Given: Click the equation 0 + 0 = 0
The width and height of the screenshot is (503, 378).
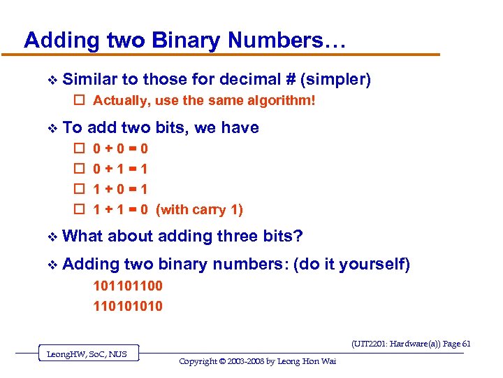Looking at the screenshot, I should click(x=120, y=148).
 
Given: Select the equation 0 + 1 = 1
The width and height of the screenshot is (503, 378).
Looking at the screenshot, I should click(x=120, y=169).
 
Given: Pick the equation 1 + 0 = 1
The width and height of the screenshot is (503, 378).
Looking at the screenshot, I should click(x=120, y=189).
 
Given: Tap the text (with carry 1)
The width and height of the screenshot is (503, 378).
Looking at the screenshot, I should click(x=199, y=209).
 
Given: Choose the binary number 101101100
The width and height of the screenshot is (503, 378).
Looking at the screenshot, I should click(x=128, y=286).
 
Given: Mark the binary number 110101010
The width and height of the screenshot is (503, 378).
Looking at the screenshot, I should click(x=128, y=306).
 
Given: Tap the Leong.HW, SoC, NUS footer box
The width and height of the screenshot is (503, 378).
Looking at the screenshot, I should click(x=87, y=354).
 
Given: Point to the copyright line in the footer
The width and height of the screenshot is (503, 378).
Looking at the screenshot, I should click(x=257, y=361).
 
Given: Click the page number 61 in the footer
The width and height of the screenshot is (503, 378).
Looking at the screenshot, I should click(x=466, y=344).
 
